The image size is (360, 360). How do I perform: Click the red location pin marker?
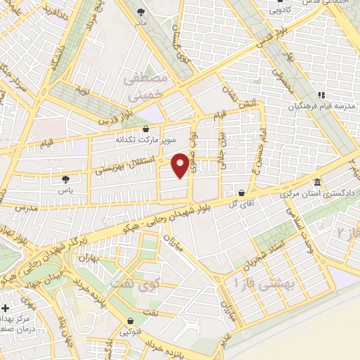point(181,165)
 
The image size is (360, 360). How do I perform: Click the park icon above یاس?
point(66,179)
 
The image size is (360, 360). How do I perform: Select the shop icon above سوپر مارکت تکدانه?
point(146,129)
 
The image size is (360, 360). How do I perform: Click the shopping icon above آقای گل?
point(241,192)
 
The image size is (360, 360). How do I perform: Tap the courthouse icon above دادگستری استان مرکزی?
point(316,182)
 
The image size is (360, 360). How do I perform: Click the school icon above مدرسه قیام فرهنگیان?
point(321,95)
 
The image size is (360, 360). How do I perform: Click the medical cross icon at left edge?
point(6,309)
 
